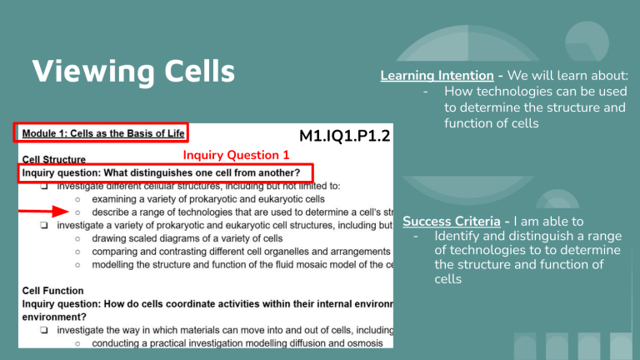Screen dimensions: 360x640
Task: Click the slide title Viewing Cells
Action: [x=132, y=72]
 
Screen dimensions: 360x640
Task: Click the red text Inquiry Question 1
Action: [x=235, y=155]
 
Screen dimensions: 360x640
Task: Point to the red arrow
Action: [x=51, y=212]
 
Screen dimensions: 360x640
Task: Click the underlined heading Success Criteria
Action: [x=453, y=222]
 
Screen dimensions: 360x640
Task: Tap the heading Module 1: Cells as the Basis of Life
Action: [x=101, y=132]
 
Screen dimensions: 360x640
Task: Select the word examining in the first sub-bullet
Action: [x=117, y=199]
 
